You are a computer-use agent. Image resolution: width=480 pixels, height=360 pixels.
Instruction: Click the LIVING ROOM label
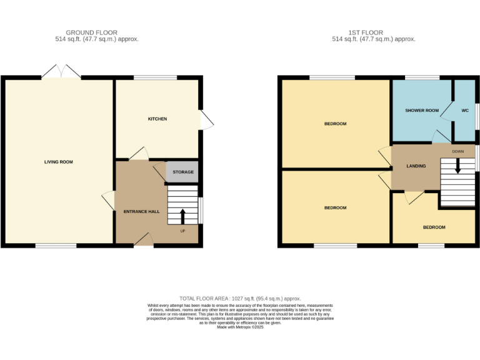[x=58, y=162]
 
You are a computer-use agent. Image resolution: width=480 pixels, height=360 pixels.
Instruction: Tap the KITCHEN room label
[x=157, y=119]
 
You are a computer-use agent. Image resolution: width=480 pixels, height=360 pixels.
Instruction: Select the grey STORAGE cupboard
[x=182, y=172]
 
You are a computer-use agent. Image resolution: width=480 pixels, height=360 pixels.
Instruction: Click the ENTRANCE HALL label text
[x=141, y=211]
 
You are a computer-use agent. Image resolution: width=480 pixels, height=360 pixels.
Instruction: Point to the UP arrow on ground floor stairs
[x=182, y=216]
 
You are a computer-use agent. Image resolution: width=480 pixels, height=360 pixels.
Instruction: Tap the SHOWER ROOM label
[x=422, y=111]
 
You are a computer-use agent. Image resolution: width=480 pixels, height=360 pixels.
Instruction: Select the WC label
[x=464, y=111]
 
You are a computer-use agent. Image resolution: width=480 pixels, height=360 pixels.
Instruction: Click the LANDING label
[x=416, y=166]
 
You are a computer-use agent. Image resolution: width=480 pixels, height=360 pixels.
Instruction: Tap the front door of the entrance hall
[x=144, y=240]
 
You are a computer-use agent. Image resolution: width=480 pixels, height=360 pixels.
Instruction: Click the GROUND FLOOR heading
[x=91, y=32]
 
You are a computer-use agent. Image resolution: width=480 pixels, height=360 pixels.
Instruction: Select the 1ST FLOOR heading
[x=367, y=32]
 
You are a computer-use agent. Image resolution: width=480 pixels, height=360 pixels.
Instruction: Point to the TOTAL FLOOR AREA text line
[x=240, y=299]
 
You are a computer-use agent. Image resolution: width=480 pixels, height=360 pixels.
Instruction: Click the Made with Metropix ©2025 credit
[x=240, y=327]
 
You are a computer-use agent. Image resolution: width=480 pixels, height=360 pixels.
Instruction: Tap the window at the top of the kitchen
[x=156, y=77]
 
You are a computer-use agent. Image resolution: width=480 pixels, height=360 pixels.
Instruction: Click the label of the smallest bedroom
[x=434, y=227]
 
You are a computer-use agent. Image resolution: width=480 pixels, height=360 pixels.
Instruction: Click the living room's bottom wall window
[x=56, y=246]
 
